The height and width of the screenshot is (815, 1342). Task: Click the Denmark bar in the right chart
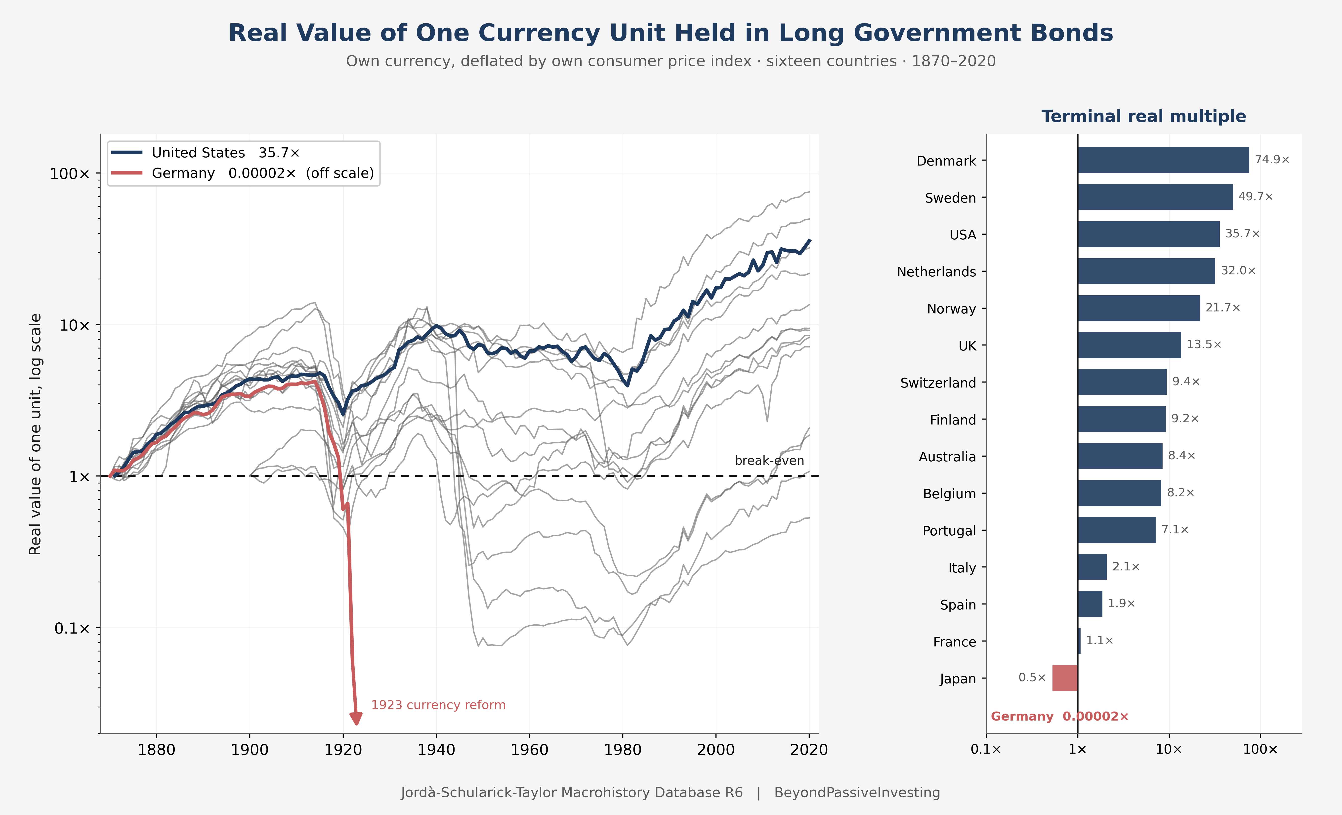click(x=1163, y=160)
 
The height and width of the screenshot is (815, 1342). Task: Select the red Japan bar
click(x=1065, y=678)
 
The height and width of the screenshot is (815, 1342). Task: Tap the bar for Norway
click(x=1138, y=308)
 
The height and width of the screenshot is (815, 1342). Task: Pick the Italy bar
click(x=1092, y=567)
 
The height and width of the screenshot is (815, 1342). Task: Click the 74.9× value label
click(x=1272, y=160)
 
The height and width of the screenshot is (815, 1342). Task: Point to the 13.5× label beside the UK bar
click(x=1204, y=344)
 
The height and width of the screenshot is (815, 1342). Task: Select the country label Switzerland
click(x=938, y=383)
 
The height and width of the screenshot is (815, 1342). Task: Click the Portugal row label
click(x=949, y=531)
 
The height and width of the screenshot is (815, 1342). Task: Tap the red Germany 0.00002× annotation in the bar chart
click(x=1059, y=716)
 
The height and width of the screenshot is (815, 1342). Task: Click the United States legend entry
click(x=206, y=153)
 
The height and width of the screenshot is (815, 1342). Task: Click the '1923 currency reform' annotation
click(x=438, y=705)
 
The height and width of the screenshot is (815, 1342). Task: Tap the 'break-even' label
click(x=769, y=461)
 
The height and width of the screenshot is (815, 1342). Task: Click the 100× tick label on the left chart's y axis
click(x=70, y=174)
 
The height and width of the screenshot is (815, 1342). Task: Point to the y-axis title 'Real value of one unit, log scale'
click(x=35, y=434)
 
